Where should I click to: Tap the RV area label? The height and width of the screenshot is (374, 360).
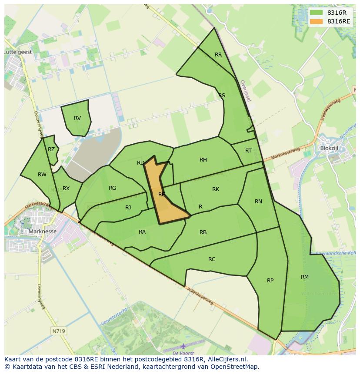click(77, 118)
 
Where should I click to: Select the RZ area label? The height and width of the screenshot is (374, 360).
click(51, 149)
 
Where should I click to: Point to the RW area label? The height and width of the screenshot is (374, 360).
click(42, 175)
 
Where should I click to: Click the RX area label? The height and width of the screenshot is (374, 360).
click(66, 189)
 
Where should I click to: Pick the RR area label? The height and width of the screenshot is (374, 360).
click(218, 55)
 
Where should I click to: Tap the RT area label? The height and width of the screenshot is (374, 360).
click(248, 151)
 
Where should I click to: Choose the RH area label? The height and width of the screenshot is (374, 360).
click(203, 160)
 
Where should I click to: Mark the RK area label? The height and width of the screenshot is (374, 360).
click(216, 189)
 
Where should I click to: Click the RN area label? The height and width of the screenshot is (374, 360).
click(258, 202)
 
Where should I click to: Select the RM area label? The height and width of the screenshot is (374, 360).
click(304, 277)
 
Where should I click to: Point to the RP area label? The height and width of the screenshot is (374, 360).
click(270, 281)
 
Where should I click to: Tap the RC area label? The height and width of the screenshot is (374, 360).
click(212, 259)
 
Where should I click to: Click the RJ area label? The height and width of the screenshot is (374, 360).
click(128, 208)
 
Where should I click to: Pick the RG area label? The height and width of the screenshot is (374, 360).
click(113, 188)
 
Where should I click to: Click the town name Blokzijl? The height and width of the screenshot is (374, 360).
click(329, 148)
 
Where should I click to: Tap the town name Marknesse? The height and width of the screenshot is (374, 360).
click(42, 232)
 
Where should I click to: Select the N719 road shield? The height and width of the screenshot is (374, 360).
click(58, 331)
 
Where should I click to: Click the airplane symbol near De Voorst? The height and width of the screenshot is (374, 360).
click(183, 346)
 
